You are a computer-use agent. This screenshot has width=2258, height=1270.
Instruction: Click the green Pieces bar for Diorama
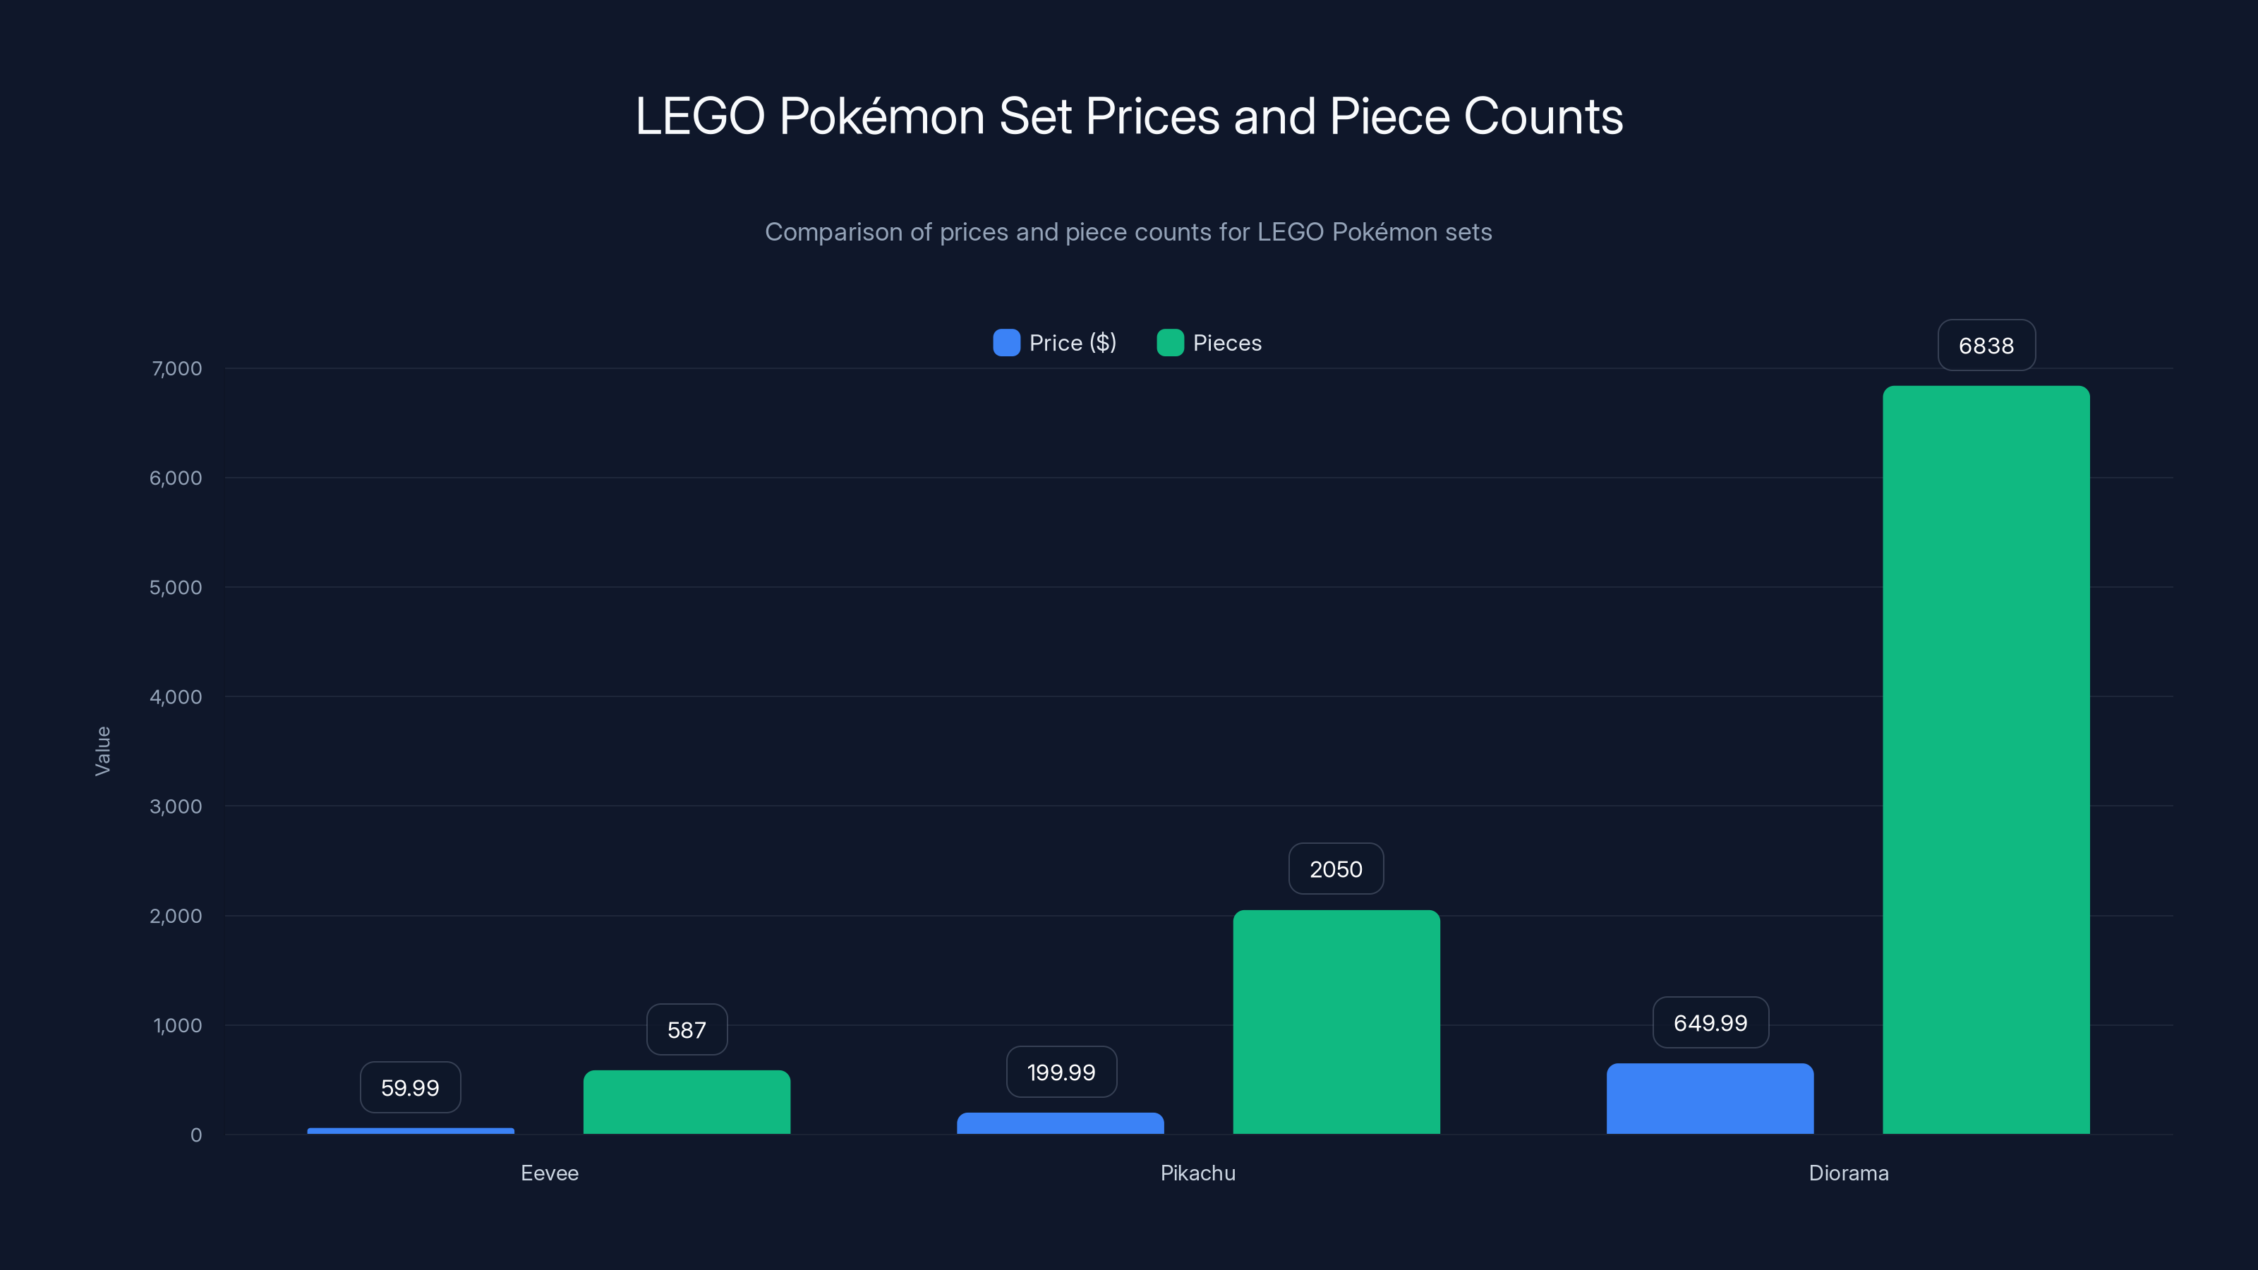(1986, 760)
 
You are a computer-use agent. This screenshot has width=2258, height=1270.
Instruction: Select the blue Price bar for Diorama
(1709, 1099)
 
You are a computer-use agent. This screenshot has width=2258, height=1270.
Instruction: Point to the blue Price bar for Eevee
(410, 1130)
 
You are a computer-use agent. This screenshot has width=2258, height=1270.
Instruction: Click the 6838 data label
(1986, 345)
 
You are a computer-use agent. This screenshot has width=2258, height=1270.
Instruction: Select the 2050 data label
(1336, 869)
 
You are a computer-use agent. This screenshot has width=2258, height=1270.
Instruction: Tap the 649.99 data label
(1709, 1023)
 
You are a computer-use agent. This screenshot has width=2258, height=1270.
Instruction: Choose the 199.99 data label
(1061, 1072)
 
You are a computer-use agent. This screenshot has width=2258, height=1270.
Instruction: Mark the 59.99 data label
(409, 1088)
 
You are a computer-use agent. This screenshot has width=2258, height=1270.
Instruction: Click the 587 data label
(687, 1030)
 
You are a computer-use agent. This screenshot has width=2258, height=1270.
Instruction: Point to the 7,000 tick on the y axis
(176, 368)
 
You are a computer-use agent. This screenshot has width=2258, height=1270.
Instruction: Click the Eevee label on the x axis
(550, 1173)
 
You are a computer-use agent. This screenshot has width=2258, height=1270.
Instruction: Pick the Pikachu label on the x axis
(1197, 1173)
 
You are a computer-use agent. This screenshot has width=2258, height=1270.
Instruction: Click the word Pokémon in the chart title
(882, 116)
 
